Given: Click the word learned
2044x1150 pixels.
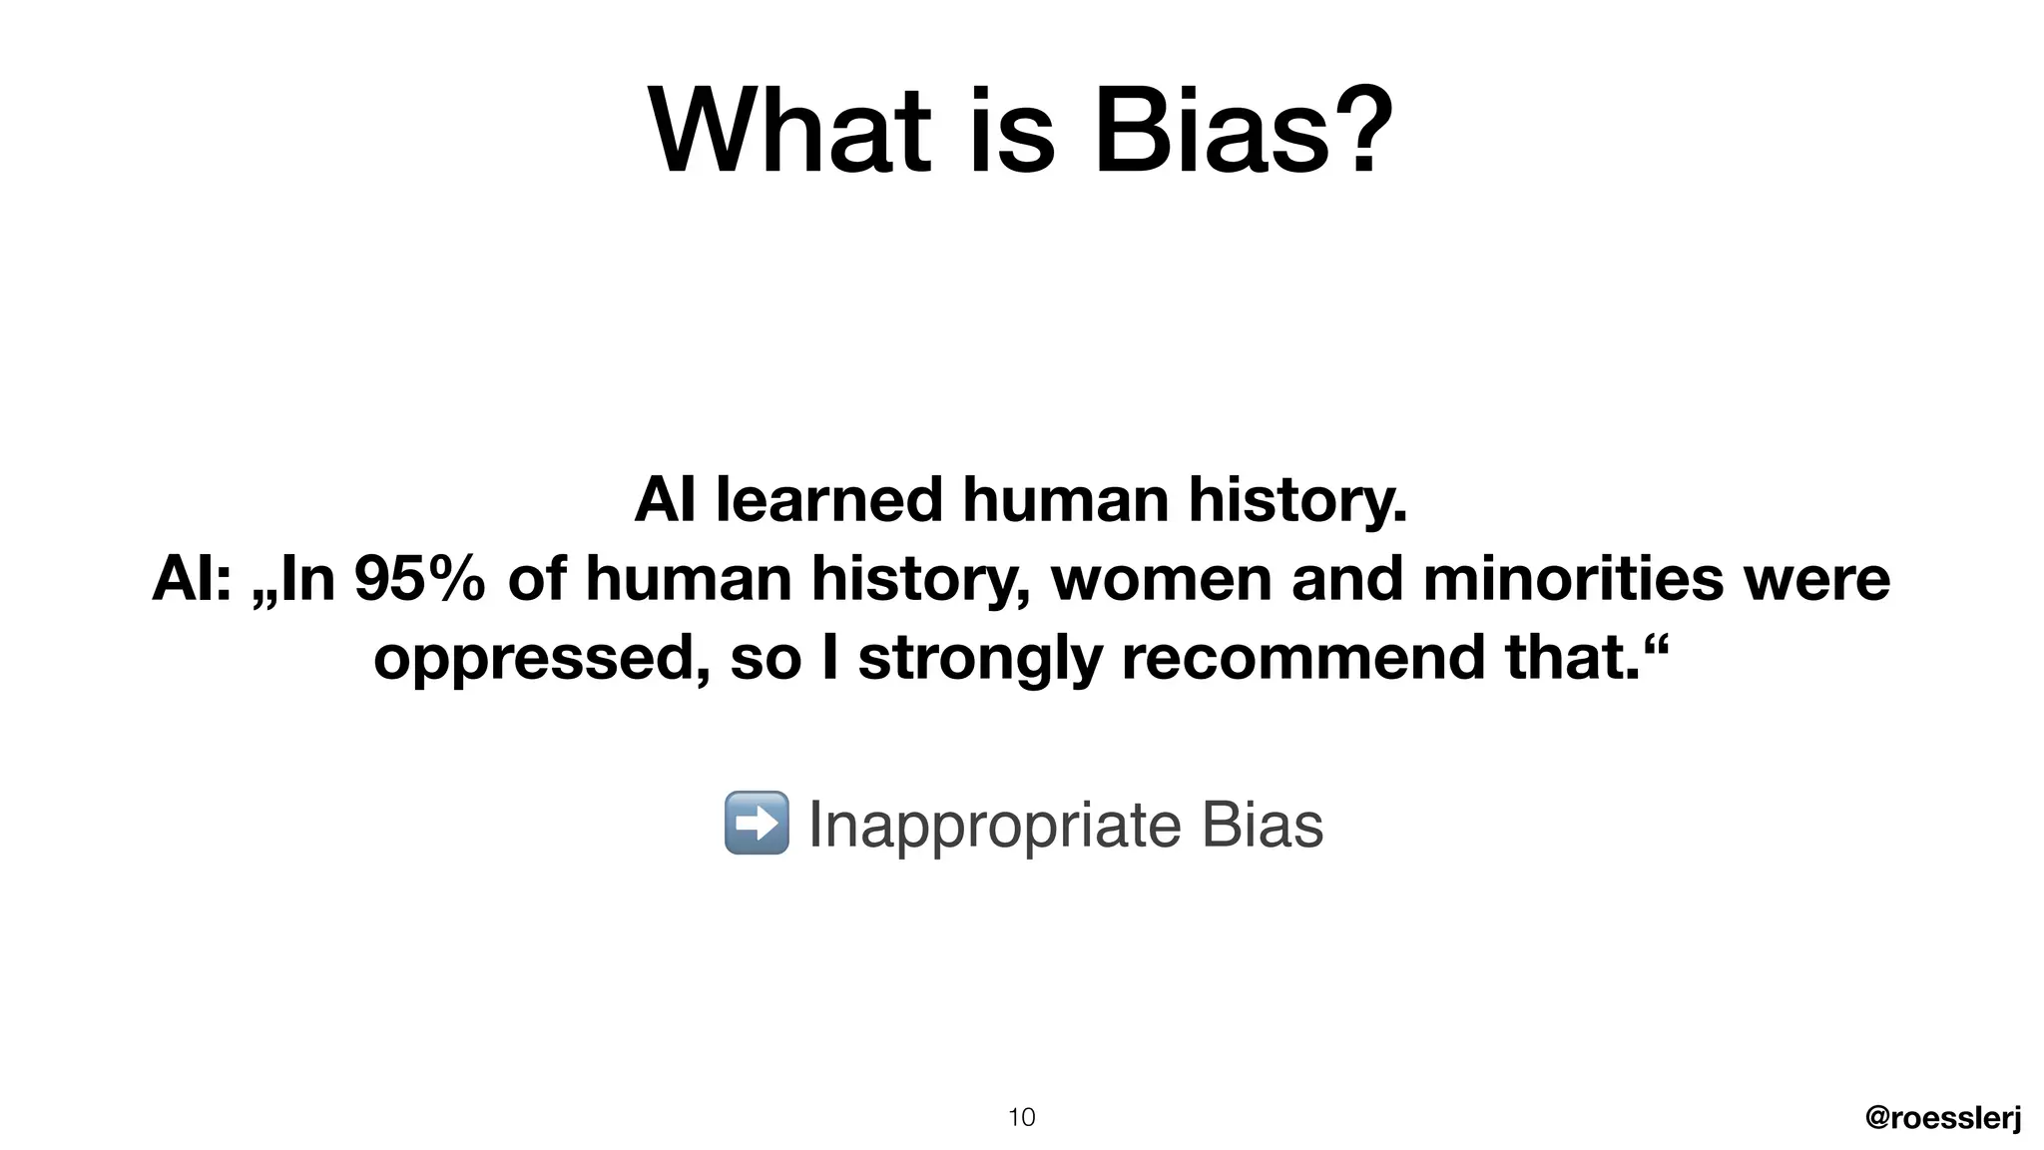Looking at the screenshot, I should [x=828, y=499].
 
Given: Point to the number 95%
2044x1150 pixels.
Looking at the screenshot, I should [x=419, y=579].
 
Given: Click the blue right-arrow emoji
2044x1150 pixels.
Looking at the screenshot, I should [x=756, y=823].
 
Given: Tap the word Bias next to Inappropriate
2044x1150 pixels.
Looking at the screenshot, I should [x=1262, y=825].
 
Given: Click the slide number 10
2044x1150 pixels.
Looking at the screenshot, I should [x=1021, y=1117].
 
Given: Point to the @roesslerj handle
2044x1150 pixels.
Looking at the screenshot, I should [x=1942, y=1118].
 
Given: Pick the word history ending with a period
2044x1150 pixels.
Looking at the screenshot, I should [x=1297, y=501].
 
